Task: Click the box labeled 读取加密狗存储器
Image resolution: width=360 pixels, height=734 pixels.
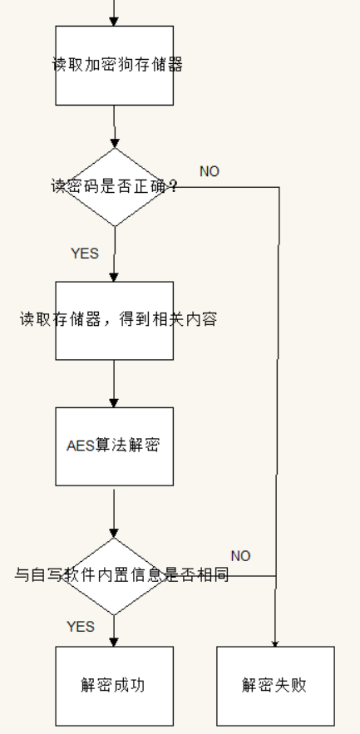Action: [x=114, y=65]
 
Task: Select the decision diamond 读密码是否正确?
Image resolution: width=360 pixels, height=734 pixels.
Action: [x=115, y=187]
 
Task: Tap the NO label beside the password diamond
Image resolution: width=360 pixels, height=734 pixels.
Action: [x=210, y=171]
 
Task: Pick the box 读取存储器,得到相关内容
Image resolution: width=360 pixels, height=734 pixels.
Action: [x=114, y=320]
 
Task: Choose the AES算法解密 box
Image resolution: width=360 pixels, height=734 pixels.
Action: [x=114, y=446]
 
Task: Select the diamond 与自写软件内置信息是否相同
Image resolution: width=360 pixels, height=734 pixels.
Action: [x=115, y=575]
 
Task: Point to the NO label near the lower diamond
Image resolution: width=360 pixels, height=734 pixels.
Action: [x=240, y=555]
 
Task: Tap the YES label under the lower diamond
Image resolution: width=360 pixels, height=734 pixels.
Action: [x=81, y=627]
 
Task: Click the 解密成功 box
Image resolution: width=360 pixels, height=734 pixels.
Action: [x=114, y=686]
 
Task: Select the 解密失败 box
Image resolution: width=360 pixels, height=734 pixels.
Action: [x=275, y=686]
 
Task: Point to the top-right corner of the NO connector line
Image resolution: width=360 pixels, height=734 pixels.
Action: [x=278, y=187]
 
